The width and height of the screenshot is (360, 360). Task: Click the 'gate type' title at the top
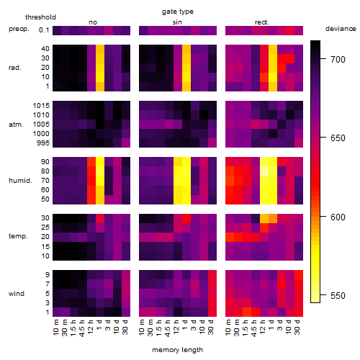pos(178,12)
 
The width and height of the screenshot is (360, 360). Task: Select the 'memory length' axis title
pos(177,350)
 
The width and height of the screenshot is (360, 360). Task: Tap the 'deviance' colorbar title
pos(341,29)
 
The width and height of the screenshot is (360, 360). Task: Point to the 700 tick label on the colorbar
pos(338,59)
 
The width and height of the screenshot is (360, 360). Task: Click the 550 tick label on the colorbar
pos(338,295)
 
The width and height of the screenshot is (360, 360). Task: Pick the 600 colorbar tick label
pos(338,217)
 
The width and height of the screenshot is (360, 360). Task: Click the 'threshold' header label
pos(40,17)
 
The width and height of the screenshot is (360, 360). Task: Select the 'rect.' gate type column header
pos(261,22)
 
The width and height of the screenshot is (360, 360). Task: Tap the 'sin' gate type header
pos(177,22)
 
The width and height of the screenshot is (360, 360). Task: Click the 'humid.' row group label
pos(20,180)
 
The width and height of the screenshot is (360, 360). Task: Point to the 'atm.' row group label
pos(16,125)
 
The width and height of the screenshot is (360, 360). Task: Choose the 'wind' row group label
pos(17,293)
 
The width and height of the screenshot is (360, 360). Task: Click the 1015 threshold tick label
pos(41,105)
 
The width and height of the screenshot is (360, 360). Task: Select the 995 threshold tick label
pos(43,143)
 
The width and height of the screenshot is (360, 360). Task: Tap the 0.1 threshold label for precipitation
pos(44,30)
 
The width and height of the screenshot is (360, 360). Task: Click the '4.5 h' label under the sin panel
pos(168,328)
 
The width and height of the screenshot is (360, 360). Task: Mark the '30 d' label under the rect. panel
pos(297,327)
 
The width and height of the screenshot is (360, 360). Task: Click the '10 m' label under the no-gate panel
pos(55,328)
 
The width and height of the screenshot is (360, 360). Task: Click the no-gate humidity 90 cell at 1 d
pos(100,162)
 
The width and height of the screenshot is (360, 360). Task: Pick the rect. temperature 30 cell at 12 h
pos(264,218)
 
